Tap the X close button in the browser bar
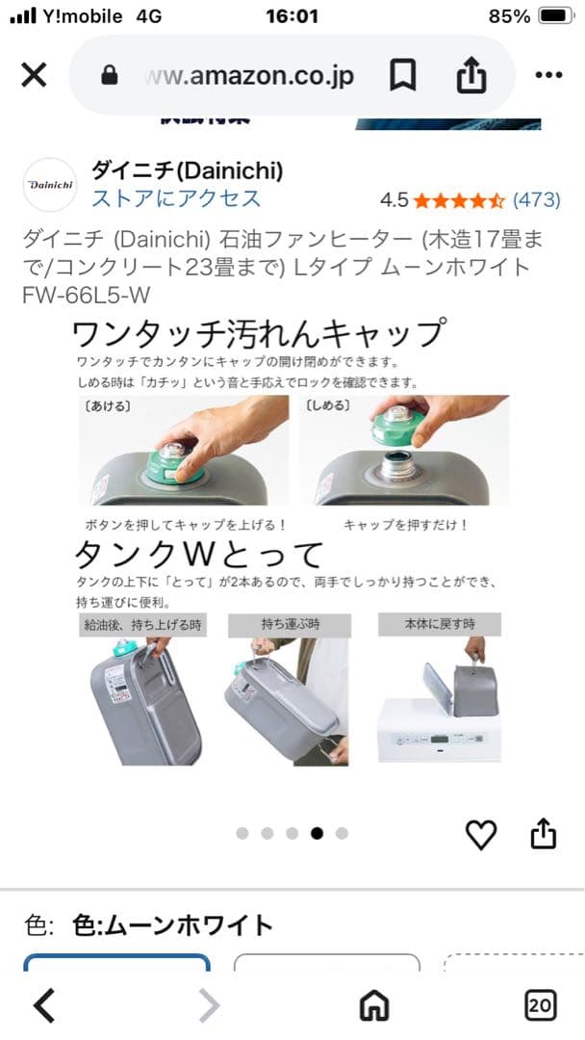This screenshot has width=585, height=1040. click(34, 75)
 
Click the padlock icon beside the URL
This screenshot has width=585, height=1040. click(109, 76)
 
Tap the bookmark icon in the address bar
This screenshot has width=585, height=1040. click(402, 75)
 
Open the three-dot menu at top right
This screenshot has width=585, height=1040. click(547, 75)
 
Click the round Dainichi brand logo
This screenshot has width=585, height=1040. click(49, 184)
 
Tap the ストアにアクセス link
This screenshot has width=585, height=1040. click(176, 198)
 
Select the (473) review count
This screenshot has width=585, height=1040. click(536, 200)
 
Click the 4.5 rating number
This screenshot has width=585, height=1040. click(394, 200)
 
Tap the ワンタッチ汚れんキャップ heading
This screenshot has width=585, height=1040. click(259, 333)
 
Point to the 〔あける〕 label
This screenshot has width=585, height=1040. click(108, 405)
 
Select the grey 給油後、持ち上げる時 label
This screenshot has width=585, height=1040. click(141, 624)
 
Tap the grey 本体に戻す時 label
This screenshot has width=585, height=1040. click(440, 624)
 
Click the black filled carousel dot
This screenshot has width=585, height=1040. click(317, 833)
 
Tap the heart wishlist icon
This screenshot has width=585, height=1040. click(480, 834)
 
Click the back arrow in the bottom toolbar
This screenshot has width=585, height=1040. click(44, 1005)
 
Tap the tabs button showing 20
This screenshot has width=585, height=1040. click(540, 1005)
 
